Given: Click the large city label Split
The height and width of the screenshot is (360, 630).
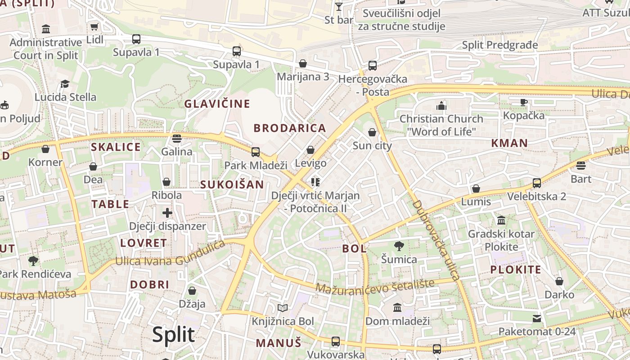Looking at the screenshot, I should coord(173,334).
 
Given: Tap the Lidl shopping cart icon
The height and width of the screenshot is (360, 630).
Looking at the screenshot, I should coord(94,27).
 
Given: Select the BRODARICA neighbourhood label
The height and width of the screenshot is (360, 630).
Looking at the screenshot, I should coord(290,128).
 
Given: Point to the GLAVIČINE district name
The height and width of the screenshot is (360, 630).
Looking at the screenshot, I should coord(217,104).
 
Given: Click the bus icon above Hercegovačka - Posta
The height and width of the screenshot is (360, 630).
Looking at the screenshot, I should coord(373,66).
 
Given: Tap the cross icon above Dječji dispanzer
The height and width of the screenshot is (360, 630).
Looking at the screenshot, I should coord(167,212).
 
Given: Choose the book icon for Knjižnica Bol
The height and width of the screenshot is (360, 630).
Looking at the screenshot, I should coord(283,308).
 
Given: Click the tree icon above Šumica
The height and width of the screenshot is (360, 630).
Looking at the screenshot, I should coord(399,246).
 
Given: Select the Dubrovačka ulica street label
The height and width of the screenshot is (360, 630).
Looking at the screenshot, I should coord(436,241).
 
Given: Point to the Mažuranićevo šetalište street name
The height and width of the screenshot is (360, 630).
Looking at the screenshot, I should coord(375,286).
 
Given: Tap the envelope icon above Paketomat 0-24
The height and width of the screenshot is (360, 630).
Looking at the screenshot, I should coord(537,319).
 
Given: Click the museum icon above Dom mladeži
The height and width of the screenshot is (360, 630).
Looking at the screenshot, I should coord(397,308).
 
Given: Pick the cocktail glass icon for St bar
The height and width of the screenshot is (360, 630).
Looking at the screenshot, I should coord(339,7).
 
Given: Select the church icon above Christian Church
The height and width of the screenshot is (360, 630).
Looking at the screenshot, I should coord(441,106).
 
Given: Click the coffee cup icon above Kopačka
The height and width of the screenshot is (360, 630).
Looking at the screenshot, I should coord(524,102).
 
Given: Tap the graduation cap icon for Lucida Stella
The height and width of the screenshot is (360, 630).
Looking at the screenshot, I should coord(65,84).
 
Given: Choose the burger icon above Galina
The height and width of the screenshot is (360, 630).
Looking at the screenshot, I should coord(177,138).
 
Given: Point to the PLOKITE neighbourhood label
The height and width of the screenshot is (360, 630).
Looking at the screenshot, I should coord(516,270).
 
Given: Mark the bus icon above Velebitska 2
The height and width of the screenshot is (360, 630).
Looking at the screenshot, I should coord(536,183).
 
